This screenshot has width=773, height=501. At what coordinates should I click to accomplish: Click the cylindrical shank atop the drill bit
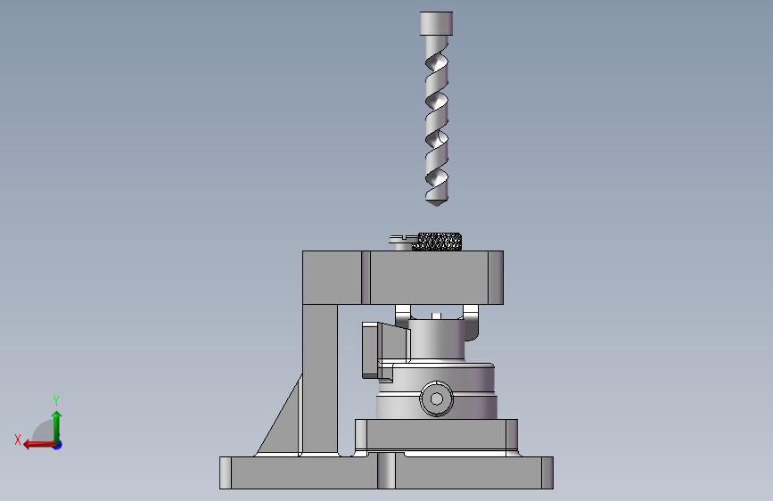point(436,24)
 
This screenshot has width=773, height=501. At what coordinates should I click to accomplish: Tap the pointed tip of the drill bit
point(436,205)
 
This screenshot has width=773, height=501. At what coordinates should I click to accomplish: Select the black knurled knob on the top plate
point(438,242)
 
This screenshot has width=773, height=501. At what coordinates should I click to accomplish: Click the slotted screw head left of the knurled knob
point(403,240)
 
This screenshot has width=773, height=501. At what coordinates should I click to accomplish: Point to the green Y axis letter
point(56,400)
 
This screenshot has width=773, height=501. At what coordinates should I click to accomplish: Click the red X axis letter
point(18,439)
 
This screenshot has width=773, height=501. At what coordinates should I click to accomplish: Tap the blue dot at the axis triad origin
point(58,445)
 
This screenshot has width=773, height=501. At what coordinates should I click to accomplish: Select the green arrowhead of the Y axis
point(57,415)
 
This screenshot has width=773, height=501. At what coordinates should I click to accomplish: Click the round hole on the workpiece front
point(436,398)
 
